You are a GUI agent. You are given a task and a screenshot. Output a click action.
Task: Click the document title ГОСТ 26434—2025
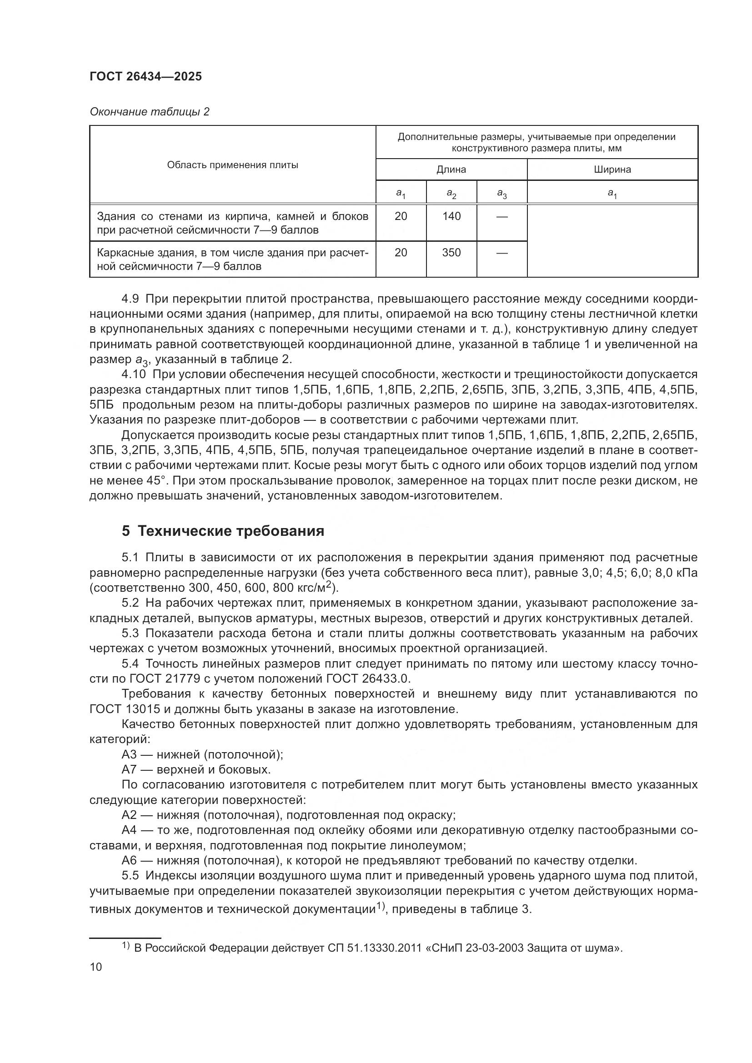(146, 77)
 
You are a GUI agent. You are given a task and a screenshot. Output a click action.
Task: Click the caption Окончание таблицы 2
(150, 112)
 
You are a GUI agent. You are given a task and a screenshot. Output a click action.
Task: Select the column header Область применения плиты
(232, 165)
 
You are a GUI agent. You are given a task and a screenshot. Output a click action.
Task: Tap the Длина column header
(451, 170)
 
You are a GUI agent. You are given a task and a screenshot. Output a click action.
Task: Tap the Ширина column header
(612, 170)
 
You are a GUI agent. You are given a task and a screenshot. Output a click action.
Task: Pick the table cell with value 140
(451, 216)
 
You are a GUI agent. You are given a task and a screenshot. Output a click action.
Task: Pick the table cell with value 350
(451, 252)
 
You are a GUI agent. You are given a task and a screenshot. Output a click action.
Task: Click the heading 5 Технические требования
(223, 531)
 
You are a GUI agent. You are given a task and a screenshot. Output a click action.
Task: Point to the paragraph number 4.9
(130, 299)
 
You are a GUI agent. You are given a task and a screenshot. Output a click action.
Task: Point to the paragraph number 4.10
(133, 374)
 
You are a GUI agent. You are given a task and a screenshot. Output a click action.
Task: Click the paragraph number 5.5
(130, 875)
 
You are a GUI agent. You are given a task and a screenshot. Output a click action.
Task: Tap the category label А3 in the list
(129, 755)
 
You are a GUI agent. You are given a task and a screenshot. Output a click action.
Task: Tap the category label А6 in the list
(129, 860)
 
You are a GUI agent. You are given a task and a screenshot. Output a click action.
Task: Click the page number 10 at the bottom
(96, 967)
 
